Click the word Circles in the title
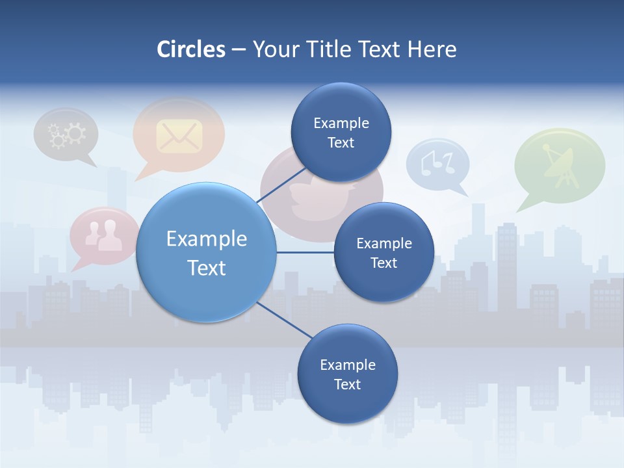pyautogui.click(x=190, y=49)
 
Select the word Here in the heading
pyautogui.click(x=432, y=49)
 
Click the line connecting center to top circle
pyautogui.click(x=281, y=184)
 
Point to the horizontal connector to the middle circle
pyautogui.click(x=305, y=252)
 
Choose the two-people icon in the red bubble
pyautogui.click(x=105, y=235)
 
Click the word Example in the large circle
pyautogui.click(x=207, y=239)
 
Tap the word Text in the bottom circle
pyautogui.click(x=347, y=385)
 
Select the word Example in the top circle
pyautogui.click(x=341, y=123)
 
